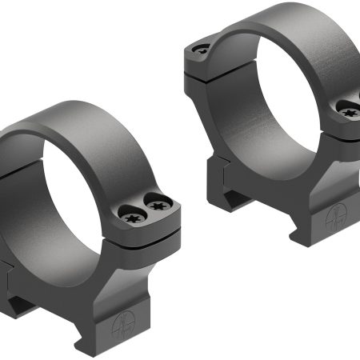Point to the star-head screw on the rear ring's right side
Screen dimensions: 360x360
point(350,113)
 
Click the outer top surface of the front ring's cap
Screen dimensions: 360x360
point(104,120)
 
